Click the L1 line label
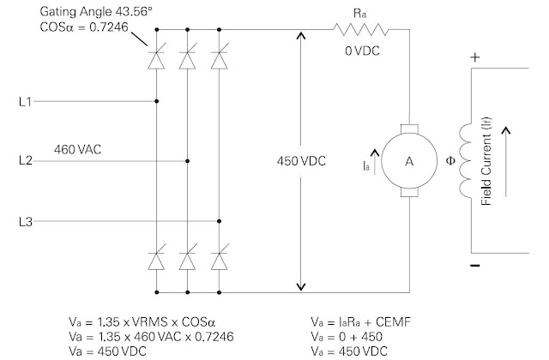(x=25, y=102)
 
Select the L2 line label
(x=25, y=160)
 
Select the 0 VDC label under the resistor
(x=362, y=51)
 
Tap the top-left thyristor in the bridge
(x=157, y=59)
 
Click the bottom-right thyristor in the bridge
(x=220, y=257)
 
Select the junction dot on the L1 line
(x=157, y=102)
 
